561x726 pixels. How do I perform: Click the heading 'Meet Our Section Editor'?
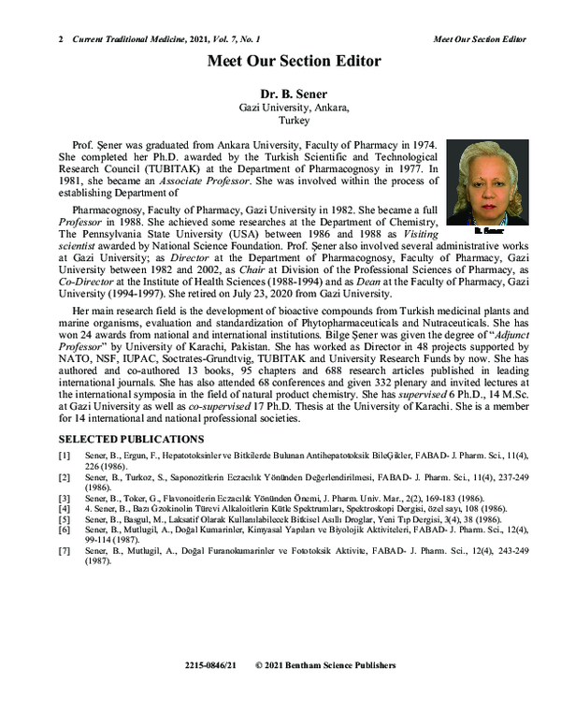(x=294, y=62)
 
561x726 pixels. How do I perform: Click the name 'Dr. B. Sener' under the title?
(x=294, y=94)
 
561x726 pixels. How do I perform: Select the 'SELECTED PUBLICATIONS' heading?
(x=131, y=439)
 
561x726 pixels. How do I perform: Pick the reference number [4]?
(x=64, y=509)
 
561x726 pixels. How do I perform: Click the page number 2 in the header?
(x=61, y=39)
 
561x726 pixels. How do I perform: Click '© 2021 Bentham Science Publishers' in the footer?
(x=325, y=665)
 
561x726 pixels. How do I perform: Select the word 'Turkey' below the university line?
(x=294, y=122)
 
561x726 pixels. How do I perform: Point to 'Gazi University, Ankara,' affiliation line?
(x=294, y=109)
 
